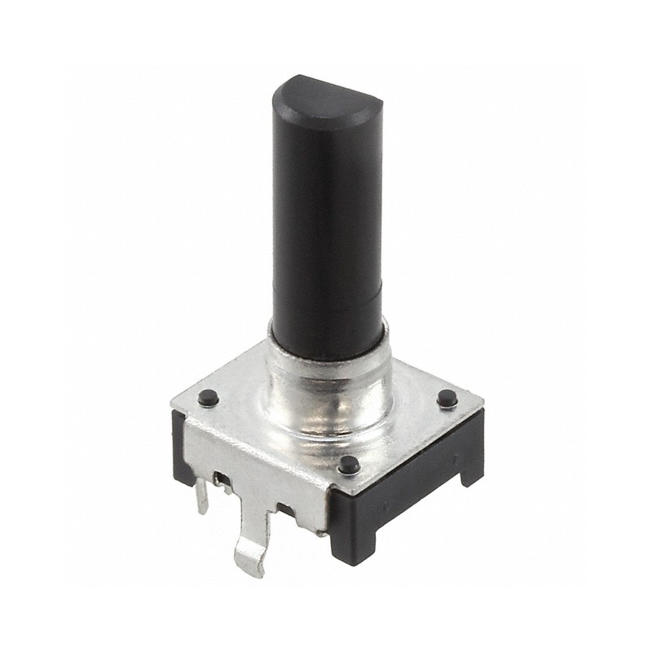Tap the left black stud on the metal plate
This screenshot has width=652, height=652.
(x=208, y=398)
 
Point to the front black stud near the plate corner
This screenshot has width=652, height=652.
(x=349, y=465)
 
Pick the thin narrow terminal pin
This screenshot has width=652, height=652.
(x=200, y=497)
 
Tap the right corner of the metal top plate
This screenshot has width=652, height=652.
(x=481, y=404)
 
